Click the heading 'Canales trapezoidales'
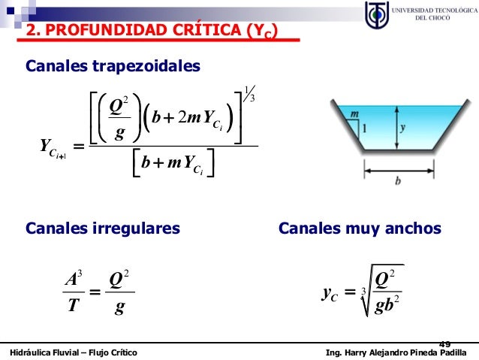point(113,67)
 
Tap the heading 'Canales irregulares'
point(103,228)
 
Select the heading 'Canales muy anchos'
point(360,228)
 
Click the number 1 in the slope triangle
point(365,129)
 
